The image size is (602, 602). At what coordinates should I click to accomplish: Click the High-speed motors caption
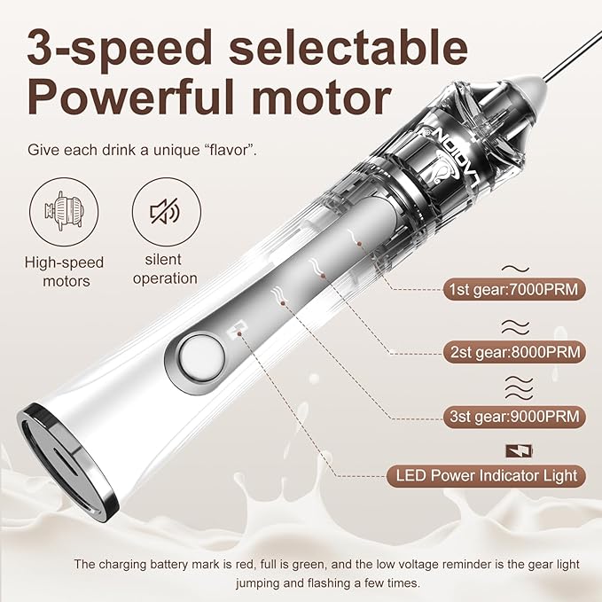[62, 270]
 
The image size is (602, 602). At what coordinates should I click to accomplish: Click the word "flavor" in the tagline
[230, 149]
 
